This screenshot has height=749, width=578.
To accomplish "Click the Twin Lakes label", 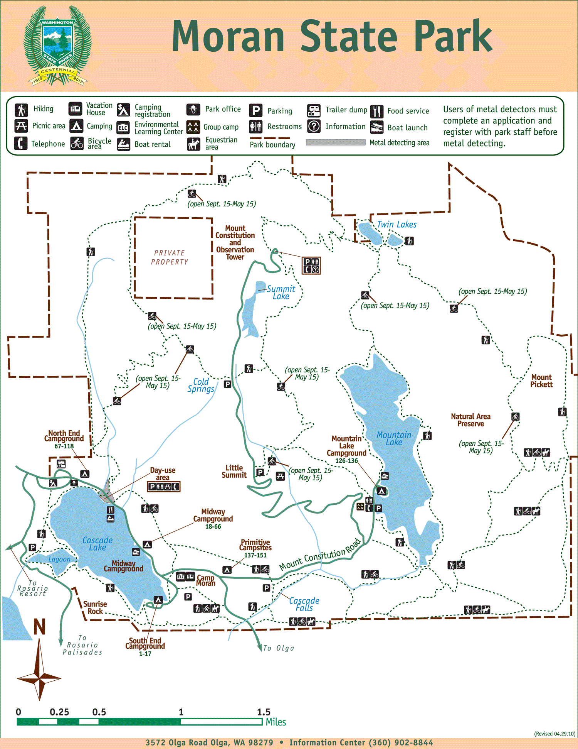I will coord(397,225).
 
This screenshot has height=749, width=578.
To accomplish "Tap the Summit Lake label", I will coord(281,292).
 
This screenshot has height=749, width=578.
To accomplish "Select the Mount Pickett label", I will coord(541,381).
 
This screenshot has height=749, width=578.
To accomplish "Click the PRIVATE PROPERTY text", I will coord(170,257).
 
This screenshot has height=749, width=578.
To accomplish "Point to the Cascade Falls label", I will coord(304,604).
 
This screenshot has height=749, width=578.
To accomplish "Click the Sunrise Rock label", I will coord(95,607).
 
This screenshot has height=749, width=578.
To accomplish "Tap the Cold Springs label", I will coord(201,385).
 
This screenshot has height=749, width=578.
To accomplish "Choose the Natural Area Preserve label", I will coord(470,420).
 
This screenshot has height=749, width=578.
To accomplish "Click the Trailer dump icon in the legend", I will coord(314,111).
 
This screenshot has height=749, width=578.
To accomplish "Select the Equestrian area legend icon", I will coord(193,144).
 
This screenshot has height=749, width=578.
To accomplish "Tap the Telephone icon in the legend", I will coord(21,143).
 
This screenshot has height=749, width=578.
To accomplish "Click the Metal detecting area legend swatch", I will coord(335,142).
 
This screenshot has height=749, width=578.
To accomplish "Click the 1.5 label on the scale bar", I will coord(264,712).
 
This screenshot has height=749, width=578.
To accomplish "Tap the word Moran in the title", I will coord(228,37).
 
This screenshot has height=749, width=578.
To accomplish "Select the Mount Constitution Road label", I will coord(320,554).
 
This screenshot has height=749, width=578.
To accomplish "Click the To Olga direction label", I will coord(279,648).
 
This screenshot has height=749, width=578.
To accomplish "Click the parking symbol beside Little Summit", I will coord(260,472).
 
